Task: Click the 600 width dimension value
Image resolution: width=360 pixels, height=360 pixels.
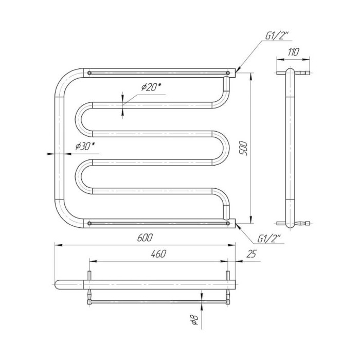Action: (x=145, y=238)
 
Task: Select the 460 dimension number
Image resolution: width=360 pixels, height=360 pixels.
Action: (x=158, y=254)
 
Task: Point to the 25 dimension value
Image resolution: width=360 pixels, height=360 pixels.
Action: (x=251, y=254)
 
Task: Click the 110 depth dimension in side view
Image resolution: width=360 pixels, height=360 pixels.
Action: (x=293, y=52)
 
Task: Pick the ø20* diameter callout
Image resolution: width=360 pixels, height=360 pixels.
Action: (x=151, y=87)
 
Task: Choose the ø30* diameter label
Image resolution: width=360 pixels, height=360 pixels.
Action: (x=85, y=146)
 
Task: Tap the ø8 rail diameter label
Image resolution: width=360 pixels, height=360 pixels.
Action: (x=194, y=319)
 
